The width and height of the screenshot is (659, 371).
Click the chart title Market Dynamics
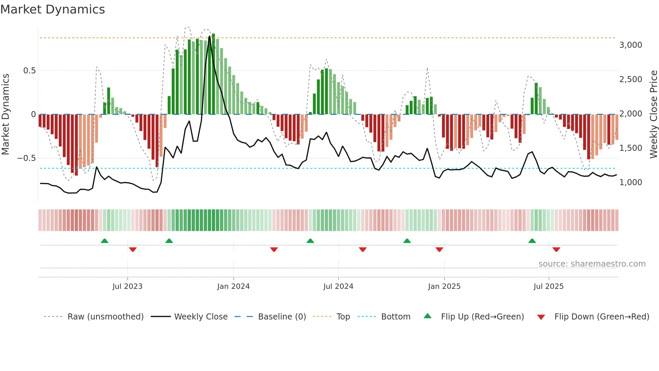(52, 9)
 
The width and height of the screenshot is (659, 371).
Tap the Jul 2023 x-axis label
(127, 286)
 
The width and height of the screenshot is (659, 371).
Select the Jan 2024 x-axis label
(233, 286)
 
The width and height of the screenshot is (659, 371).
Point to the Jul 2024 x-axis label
(338, 286)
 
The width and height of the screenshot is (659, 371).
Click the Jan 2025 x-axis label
(444, 286)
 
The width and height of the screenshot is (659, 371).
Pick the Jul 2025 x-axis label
(548, 286)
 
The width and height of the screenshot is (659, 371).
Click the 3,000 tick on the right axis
(630, 45)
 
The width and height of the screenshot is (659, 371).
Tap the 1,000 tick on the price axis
(630, 182)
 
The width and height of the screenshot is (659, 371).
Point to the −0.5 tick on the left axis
(26, 158)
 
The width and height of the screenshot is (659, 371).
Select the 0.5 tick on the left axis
(29, 71)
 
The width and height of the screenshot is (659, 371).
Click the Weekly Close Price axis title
(653, 114)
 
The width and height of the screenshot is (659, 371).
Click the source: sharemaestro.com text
(592, 264)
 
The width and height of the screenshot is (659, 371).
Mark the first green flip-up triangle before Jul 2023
(105, 241)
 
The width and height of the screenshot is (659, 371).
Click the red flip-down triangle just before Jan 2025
(439, 249)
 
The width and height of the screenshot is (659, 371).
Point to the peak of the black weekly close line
(209, 36)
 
